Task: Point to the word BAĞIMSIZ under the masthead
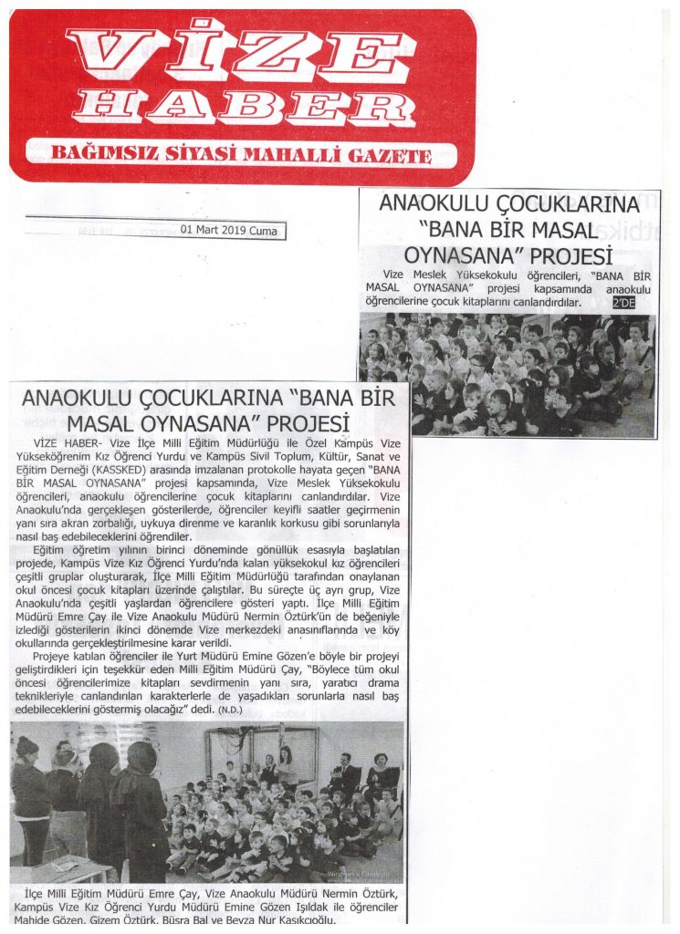pyautogui.click(x=90, y=152)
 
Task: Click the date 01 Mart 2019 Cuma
pyautogui.click(x=233, y=231)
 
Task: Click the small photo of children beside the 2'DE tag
pyautogui.click(x=507, y=375)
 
